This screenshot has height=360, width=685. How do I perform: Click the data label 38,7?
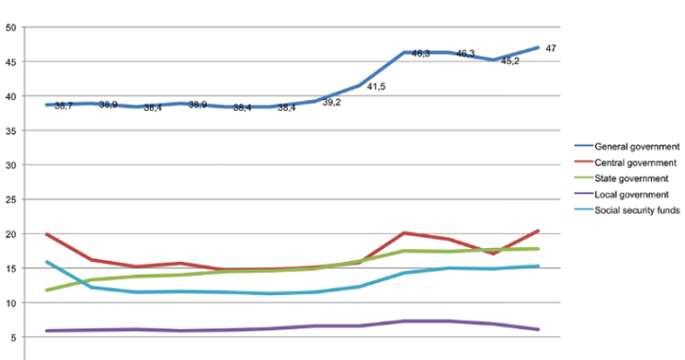pyautogui.click(x=64, y=106)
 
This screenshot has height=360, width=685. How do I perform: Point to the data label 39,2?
pyautogui.click(x=331, y=103)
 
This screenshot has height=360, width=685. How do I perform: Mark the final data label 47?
pyautogui.click(x=550, y=48)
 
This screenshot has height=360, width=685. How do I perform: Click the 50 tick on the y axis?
pyautogui.click(x=10, y=28)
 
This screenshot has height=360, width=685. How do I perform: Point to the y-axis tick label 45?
pyautogui.click(x=10, y=62)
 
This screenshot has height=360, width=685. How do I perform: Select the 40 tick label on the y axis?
pyautogui.click(x=10, y=96)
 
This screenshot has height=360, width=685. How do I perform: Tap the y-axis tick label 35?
pyautogui.click(x=10, y=130)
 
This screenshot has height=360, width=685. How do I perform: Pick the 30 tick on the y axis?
pyautogui.click(x=10, y=165)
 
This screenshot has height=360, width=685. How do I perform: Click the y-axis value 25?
pyautogui.click(x=10, y=200)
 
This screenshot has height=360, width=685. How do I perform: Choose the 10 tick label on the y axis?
pyautogui.click(x=10, y=303)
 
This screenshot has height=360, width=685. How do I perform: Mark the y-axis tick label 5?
pyautogui.click(x=13, y=338)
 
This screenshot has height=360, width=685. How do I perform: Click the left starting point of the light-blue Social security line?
pyautogui.click(x=46, y=262)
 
